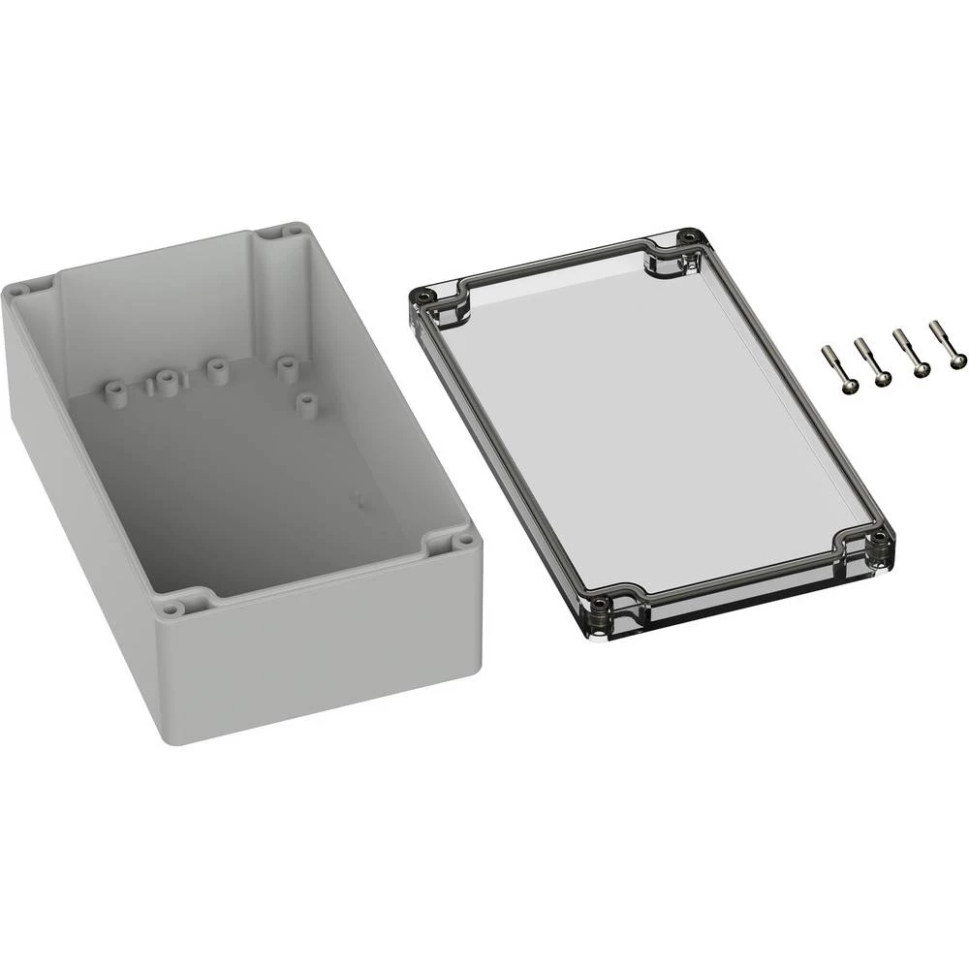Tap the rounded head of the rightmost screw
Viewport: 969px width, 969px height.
[x=957, y=359]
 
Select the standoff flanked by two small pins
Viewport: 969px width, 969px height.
[x=165, y=382]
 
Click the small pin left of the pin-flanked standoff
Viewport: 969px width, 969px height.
[x=148, y=388]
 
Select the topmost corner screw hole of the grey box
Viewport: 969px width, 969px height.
[x=291, y=232]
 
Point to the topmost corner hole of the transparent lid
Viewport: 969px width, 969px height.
[x=689, y=235]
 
